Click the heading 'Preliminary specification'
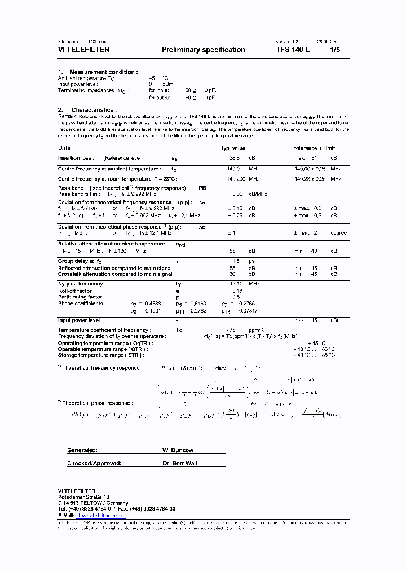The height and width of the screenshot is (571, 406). [203, 50]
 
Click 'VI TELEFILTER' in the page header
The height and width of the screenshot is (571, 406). [83, 50]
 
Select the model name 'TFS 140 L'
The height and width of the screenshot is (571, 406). [293, 50]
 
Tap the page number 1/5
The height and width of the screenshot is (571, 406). [335, 50]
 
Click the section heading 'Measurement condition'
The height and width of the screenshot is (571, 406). [103, 72]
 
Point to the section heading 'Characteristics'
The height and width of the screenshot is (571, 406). [94, 110]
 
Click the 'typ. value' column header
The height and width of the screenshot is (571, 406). [233, 148]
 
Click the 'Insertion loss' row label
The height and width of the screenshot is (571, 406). [76, 158]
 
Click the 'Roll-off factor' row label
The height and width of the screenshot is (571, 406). [74, 291]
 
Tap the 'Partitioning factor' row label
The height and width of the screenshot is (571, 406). [80, 297]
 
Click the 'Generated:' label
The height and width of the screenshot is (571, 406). [82, 451]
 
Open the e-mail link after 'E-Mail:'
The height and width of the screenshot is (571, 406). [100, 515]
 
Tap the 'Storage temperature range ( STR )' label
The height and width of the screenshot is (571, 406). [101, 355]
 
